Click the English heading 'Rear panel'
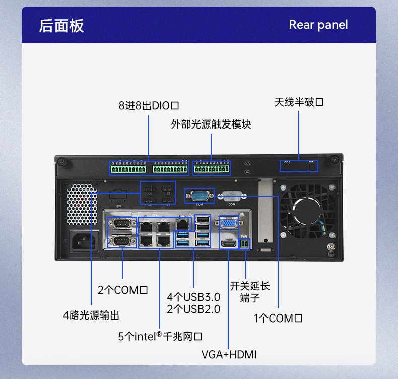(318, 25)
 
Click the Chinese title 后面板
(61, 25)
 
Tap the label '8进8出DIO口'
(149, 106)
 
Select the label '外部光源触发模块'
(211, 124)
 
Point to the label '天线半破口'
(299, 102)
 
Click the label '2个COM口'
(122, 290)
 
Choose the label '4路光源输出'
(91, 315)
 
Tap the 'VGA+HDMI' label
(229, 355)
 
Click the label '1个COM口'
(278, 318)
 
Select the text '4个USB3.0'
(193, 296)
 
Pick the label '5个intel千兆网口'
(160, 336)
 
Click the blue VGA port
(229, 223)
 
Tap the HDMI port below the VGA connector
(229, 243)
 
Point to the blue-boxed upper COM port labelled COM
(200, 195)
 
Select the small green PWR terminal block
(245, 244)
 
